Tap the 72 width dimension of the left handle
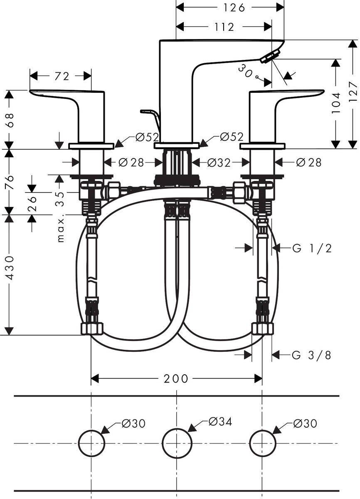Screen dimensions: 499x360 click(62, 76)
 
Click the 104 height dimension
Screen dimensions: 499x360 click(336, 102)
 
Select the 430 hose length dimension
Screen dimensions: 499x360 click(9, 267)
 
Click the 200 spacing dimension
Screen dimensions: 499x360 click(176, 378)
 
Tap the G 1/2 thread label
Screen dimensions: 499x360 click(312, 248)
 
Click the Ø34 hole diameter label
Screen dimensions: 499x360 click(220, 421)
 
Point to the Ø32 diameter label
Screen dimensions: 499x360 click(218, 162)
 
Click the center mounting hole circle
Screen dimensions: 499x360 click(177, 443)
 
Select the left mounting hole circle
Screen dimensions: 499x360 click(91, 443)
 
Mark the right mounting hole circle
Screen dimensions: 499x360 click(262, 443)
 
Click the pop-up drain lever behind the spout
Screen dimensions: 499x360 click(151, 116)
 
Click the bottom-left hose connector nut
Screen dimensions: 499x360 click(91, 329)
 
